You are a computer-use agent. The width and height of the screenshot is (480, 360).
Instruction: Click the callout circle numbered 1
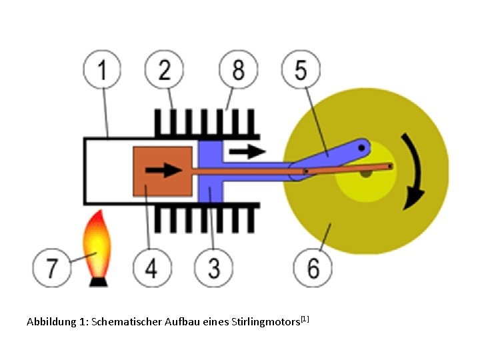pos(102,70)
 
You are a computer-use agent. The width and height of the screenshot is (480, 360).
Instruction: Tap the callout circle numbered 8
pos(238,70)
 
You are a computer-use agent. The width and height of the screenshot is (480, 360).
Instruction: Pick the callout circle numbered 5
pos(301,70)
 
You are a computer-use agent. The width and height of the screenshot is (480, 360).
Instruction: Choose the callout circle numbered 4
pos(151,269)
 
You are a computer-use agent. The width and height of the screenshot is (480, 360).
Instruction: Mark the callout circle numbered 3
pos(213,269)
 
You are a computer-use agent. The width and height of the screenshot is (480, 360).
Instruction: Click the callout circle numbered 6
pos(313,269)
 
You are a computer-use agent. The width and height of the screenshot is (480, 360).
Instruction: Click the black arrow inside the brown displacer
pos(163,170)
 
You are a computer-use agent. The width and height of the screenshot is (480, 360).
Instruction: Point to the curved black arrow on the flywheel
pos(415,172)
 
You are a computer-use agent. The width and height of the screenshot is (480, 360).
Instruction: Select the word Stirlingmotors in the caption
pos(266,322)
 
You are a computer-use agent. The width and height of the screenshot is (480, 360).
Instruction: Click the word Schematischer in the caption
pos(121,322)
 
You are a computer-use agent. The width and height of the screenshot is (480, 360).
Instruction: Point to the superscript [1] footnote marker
pos(305,319)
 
